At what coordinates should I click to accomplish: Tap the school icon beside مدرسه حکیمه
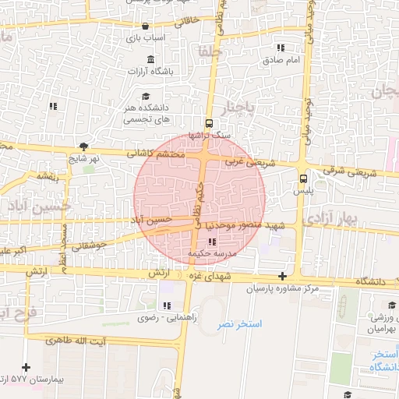(x=213, y=242)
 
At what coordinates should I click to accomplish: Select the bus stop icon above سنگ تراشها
(x=208, y=123)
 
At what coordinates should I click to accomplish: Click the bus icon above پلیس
(x=303, y=178)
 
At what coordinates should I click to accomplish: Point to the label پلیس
(x=304, y=190)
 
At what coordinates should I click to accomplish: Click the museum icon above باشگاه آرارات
(x=150, y=59)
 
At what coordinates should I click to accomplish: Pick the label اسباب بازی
(x=145, y=37)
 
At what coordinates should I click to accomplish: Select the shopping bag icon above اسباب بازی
(x=145, y=26)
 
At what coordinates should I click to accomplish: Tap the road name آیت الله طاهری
(x=76, y=341)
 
